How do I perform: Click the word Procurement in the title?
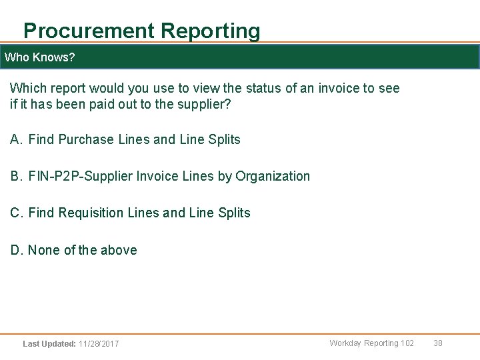(89, 31)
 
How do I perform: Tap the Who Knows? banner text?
(39, 57)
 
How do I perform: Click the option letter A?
(17, 140)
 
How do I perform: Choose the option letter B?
(17, 177)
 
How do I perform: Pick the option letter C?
(17, 213)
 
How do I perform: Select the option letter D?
(17, 251)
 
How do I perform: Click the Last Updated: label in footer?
(49, 344)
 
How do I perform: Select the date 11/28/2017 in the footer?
(99, 344)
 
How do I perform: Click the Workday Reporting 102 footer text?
(371, 343)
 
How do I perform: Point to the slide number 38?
(438, 343)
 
